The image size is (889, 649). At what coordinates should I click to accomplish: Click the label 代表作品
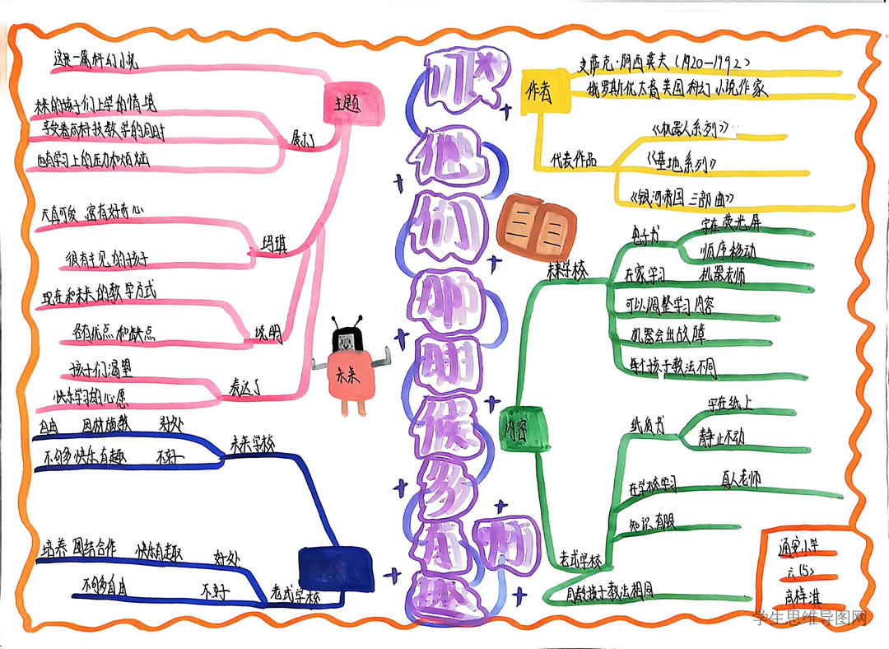573,158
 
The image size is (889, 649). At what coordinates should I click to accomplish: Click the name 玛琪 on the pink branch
270,245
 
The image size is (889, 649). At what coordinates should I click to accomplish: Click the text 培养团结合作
79,548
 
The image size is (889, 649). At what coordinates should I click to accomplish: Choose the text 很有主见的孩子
107,261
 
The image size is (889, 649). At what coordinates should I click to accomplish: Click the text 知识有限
652,523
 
